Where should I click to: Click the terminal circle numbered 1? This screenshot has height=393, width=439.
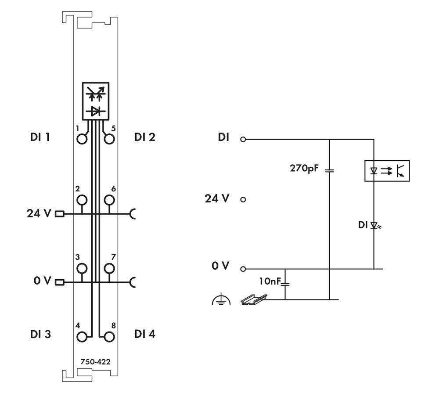tap(82, 139)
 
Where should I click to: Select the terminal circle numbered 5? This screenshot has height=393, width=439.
tap(109, 139)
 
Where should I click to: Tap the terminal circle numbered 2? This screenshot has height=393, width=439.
tap(82, 200)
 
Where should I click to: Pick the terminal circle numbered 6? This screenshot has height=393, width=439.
tap(109, 200)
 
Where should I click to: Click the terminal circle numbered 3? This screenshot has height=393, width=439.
tap(82, 268)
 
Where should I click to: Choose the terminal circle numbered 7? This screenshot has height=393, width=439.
tap(109, 268)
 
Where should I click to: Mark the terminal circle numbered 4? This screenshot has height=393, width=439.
tap(82, 337)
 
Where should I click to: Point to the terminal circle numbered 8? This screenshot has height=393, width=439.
tap(109, 337)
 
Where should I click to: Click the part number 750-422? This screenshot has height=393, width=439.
tap(95, 362)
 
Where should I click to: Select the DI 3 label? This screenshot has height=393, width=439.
tap(40, 334)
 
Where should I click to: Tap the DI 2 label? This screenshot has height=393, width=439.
tap(144, 137)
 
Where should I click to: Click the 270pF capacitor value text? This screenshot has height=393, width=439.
tap(303, 168)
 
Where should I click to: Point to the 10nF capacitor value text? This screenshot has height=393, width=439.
tap(269, 281)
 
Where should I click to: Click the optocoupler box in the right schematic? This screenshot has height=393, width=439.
tap(387, 171)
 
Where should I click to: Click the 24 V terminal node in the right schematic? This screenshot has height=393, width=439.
tap(243, 199)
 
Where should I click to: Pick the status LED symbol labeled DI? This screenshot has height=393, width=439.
tap(374, 225)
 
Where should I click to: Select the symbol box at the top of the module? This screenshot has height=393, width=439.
tap(95, 101)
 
